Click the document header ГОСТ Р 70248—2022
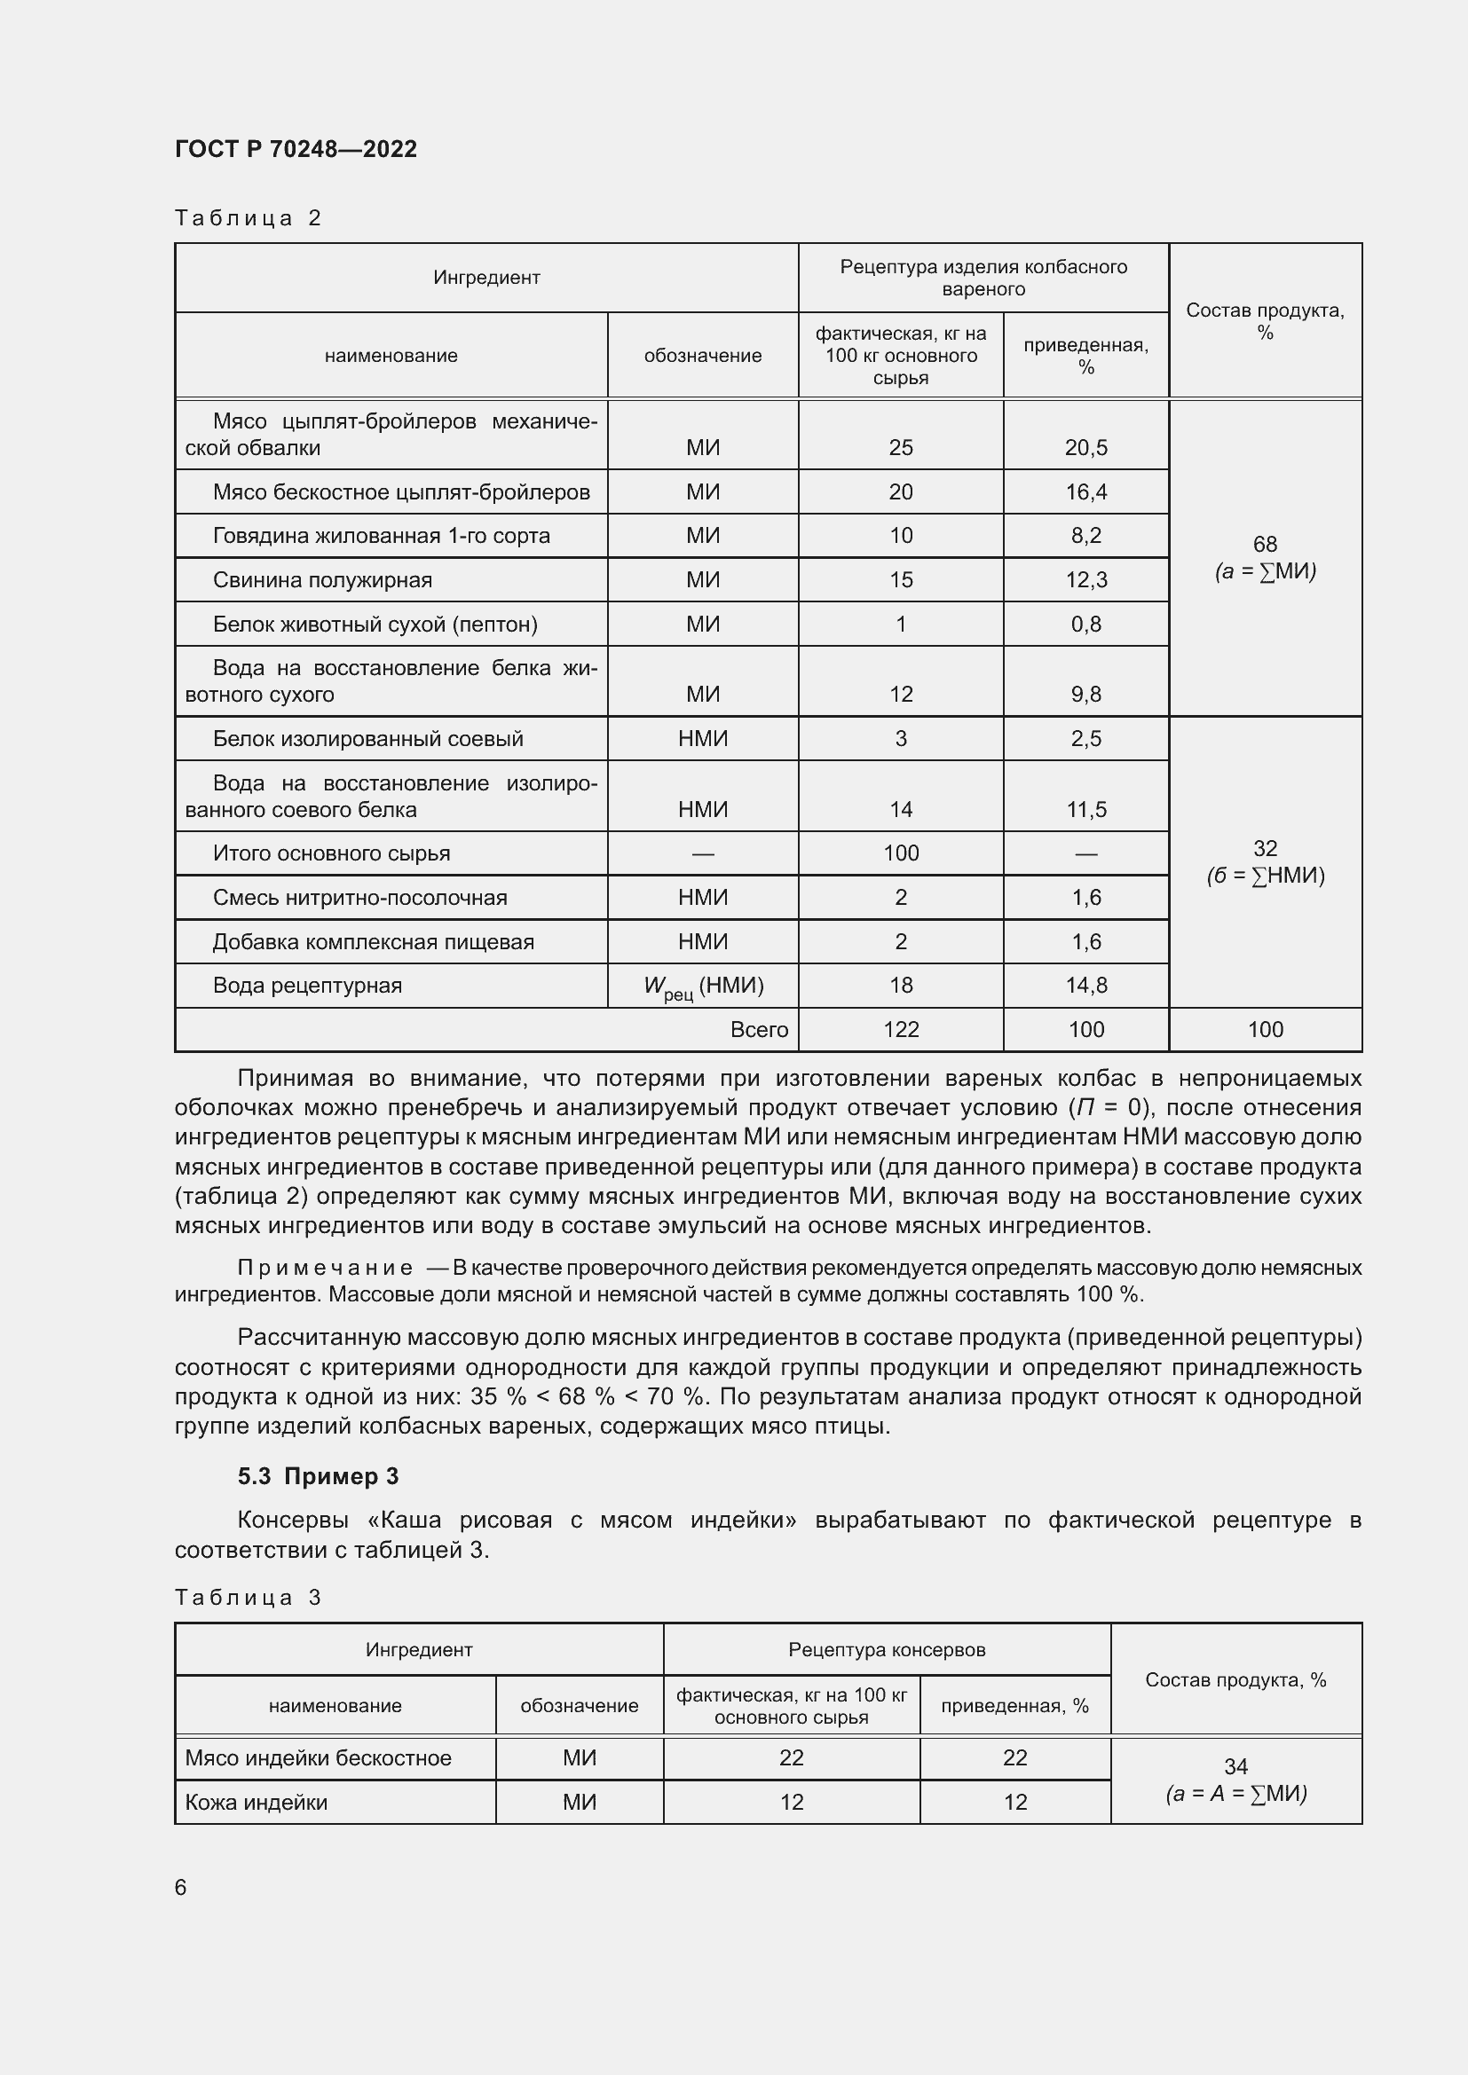tap(296, 149)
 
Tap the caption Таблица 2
tap(248, 218)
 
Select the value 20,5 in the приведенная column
tap(1085, 447)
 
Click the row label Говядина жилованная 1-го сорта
tap(381, 536)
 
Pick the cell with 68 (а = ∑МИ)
tap(1265, 558)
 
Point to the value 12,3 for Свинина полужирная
tap(1085, 580)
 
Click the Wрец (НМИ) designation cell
tap(703, 986)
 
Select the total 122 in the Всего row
tap(900, 1029)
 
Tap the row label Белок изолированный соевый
tap(368, 738)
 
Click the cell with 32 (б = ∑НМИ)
tap(1265, 861)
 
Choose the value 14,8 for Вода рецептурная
tap(1085, 985)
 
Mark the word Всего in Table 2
tap(760, 1029)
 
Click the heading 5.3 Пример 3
tap(319, 1476)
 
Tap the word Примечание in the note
tap(326, 1267)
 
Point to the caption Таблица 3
tap(248, 1597)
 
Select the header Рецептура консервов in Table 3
tap(886, 1649)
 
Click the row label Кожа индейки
tap(256, 1802)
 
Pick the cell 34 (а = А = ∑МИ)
tap(1235, 1780)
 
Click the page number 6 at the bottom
tap(181, 1887)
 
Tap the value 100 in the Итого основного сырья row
tap(900, 853)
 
